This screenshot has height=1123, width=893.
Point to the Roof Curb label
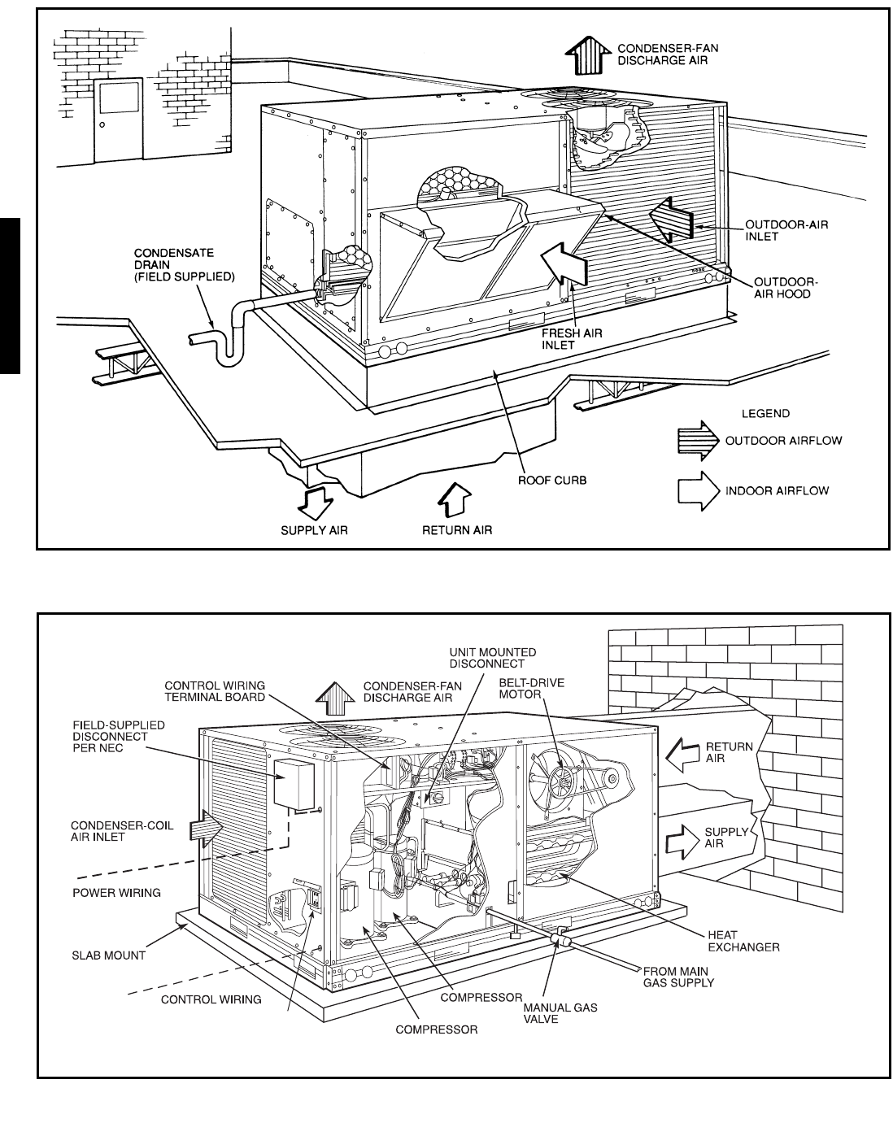click(x=552, y=480)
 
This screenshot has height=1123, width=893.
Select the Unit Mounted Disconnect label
click(x=494, y=658)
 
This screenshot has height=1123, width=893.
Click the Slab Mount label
click(x=108, y=955)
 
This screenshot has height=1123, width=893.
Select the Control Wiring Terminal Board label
click(x=215, y=692)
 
